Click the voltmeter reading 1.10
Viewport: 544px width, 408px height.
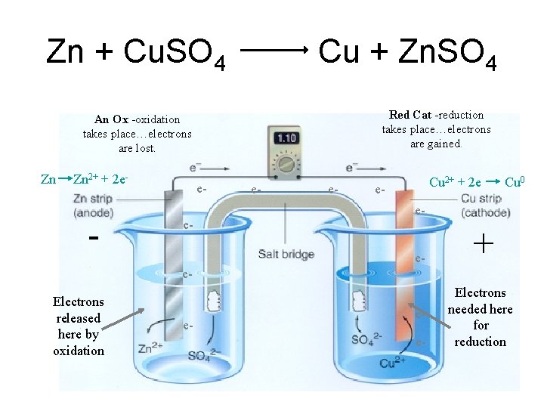pos(286,139)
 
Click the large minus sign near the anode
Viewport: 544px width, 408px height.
pos(94,237)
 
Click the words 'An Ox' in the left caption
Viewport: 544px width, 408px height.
pos(111,119)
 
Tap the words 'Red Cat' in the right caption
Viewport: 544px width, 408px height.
pos(410,115)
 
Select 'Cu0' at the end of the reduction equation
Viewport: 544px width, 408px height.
pos(515,182)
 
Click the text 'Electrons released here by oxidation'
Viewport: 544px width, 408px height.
pos(79,326)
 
